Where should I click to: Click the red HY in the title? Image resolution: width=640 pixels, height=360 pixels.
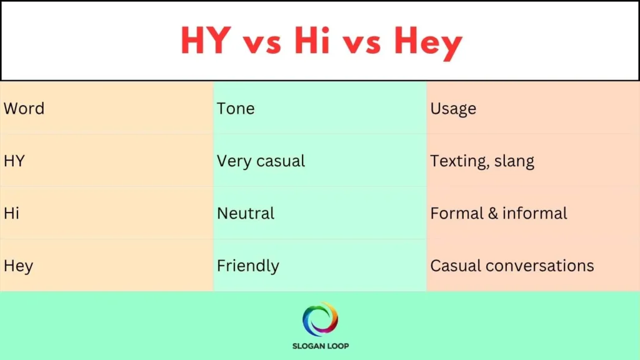tap(204, 41)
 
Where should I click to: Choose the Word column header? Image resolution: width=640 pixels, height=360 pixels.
tap(24, 109)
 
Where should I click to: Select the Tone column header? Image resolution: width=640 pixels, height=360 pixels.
tap(236, 109)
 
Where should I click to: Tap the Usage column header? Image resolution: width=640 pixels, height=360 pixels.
tap(453, 109)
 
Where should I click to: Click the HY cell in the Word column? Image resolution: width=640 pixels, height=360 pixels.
tap(14, 161)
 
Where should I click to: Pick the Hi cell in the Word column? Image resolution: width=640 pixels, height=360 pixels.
tap(11, 213)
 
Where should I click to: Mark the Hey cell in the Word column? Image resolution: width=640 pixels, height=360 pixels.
tap(18, 266)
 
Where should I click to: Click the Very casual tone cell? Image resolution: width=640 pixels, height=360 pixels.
tap(261, 161)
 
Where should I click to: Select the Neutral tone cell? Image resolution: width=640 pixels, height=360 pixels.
tap(246, 213)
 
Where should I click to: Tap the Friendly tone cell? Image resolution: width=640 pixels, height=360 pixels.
tap(247, 266)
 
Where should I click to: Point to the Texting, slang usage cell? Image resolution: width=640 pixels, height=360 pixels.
tap(482, 162)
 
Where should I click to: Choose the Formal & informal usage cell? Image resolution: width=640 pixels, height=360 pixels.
tap(498, 213)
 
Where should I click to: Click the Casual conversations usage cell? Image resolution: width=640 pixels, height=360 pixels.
tap(512, 266)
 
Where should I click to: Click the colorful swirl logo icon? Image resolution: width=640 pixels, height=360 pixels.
tap(320, 319)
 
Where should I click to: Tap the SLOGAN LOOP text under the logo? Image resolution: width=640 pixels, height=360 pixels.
tap(320, 346)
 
